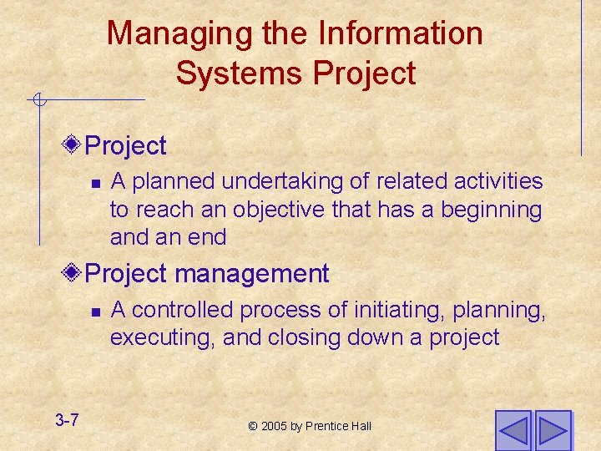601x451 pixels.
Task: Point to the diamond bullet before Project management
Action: (73, 273)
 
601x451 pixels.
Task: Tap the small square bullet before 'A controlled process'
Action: (95, 312)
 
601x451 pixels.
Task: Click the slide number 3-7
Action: (67, 420)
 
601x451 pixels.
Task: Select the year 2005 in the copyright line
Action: (274, 427)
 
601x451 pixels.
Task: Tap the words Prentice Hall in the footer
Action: (337, 427)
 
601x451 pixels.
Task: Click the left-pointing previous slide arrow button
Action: (512, 429)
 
